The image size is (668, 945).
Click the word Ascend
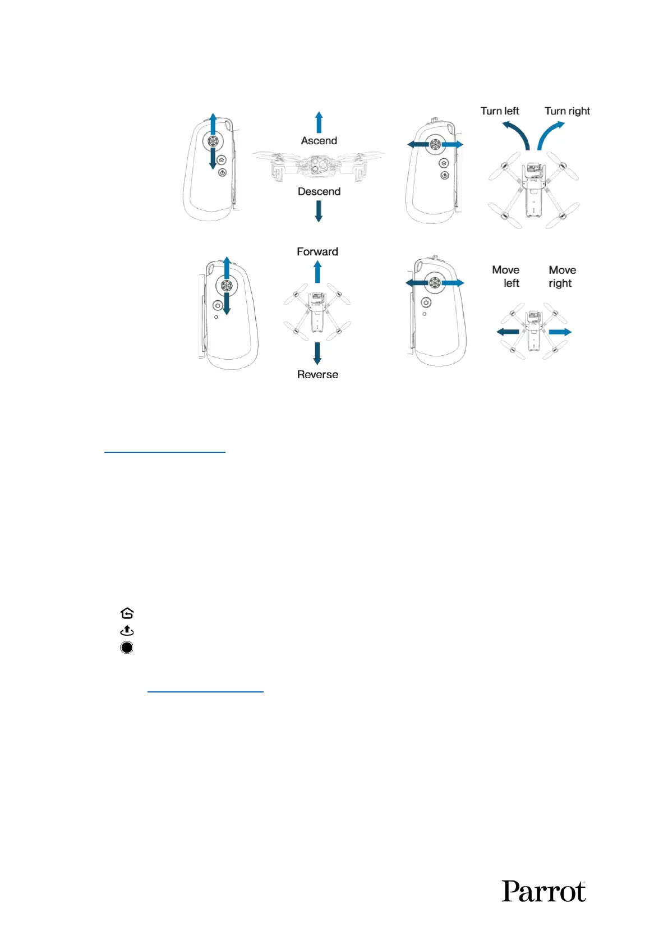tap(319, 141)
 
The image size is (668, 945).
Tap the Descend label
tap(319, 192)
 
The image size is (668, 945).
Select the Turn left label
tap(500, 111)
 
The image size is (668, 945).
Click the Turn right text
tap(567, 111)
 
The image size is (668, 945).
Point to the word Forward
tap(317, 252)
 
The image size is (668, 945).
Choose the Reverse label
tap(317, 375)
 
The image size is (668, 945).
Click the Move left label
tap(506, 277)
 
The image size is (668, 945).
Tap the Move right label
tap(562, 277)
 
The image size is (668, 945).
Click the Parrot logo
tap(543, 891)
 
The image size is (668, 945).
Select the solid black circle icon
tap(127, 648)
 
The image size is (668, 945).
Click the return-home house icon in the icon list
tap(127, 613)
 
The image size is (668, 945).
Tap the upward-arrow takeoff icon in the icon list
tap(127, 631)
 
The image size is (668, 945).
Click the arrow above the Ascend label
tap(319, 122)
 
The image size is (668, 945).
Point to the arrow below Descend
tap(319, 211)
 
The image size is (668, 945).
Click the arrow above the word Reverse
tap(317, 354)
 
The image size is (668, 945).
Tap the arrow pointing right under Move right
tap(560, 332)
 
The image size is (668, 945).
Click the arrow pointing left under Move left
tap(508, 332)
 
